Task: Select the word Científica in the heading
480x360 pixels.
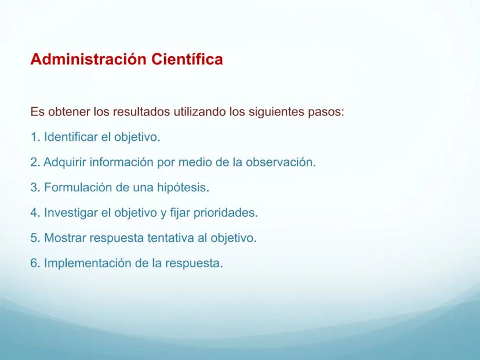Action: pos(187,59)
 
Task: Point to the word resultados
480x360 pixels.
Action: pos(141,111)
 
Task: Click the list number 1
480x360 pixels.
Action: pos(34,137)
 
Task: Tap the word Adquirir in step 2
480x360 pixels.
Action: pos(64,162)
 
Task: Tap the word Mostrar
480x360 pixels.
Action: pos(65,238)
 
